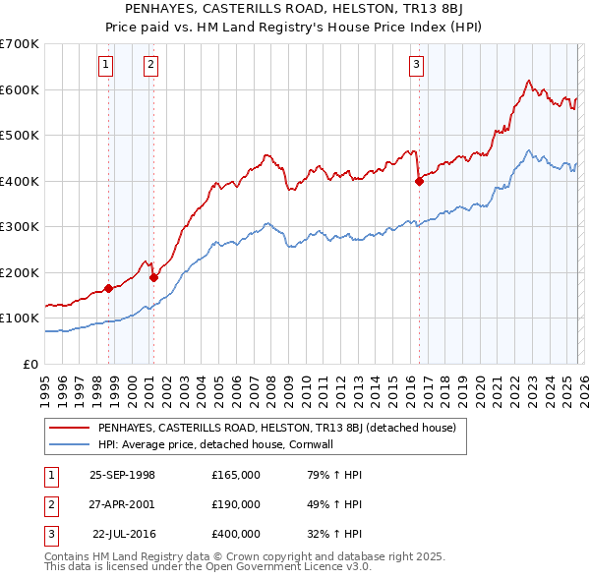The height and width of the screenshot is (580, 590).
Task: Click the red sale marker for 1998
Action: point(108,288)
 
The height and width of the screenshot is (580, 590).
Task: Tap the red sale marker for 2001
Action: point(153,277)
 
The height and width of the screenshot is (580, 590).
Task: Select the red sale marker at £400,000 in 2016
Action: point(419,181)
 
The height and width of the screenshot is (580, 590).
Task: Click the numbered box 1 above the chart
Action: point(105,66)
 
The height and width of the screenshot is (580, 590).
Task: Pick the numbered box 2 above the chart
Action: point(150,66)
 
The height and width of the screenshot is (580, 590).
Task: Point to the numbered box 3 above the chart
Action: point(416,66)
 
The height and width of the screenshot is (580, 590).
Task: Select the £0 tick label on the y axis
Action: point(32,364)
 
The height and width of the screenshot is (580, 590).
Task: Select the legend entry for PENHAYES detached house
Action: point(276,428)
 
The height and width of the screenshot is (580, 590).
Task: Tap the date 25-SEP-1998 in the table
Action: point(122,475)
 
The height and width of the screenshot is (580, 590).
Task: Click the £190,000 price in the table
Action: point(236,504)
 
